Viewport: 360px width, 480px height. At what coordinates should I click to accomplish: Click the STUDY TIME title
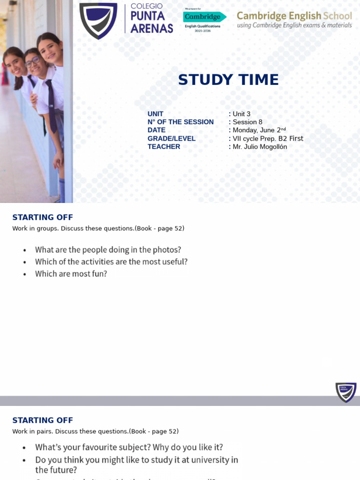click(x=228, y=80)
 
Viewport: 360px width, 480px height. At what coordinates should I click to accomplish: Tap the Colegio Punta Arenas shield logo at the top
click(x=98, y=20)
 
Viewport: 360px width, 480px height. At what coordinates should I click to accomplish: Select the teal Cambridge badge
click(x=204, y=17)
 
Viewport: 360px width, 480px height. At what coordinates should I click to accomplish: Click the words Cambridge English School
click(x=294, y=15)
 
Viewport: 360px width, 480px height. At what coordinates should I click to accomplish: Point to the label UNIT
click(x=156, y=114)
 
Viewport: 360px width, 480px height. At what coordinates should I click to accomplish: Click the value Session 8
click(x=247, y=122)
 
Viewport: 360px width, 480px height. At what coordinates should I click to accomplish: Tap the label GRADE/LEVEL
click(x=172, y=138)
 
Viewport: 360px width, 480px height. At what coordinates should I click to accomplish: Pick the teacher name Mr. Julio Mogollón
click(x=260, y=147)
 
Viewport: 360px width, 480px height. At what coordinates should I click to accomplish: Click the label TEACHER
click(x=164, y=147)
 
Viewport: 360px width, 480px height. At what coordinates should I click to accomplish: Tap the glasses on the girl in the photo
click(x=32, y=62)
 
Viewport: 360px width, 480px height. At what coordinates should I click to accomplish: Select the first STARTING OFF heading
click(x=43, y=217)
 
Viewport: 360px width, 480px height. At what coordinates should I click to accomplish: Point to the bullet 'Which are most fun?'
click(x=71, y=274)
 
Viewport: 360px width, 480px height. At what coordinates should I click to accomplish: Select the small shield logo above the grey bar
click(x=346, y=392)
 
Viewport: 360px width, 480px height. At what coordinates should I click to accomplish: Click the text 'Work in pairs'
click(x=32, y=431)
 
